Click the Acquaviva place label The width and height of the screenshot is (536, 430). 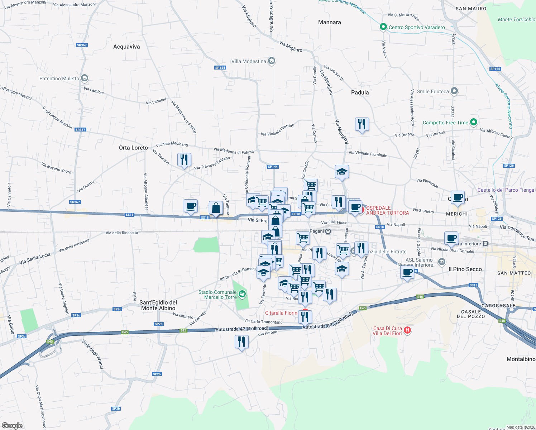(x=126, y=47)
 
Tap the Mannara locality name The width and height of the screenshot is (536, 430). (x=329, y=22)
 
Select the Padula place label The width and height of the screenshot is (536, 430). (x=360, y=92)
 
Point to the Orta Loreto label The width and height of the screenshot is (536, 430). (x=133, y=148)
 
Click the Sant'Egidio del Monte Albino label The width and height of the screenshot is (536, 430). (x=158, y=305)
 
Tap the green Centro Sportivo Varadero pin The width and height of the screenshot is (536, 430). (x=383, y=27)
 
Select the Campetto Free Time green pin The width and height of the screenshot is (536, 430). (x=473, y=122)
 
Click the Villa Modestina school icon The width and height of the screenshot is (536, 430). (x=272, y=61)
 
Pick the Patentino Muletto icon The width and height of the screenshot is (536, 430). (x=85, y=78)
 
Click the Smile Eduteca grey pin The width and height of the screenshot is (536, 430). (x=454, y=91)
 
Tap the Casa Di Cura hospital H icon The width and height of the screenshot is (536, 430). (x=407, y=330)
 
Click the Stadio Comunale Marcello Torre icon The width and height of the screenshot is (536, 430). (x=243, y=294)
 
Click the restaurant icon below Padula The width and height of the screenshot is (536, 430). (x=362, y=124)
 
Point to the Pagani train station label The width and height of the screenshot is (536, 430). (x=317, y=231)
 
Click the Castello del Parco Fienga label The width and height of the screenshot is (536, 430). (x=506, y=190)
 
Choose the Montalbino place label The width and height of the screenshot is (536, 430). (x=521, y=359)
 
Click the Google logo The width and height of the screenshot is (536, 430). (x=12, y=425)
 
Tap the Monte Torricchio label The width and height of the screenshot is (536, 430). (x=516, y=19)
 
